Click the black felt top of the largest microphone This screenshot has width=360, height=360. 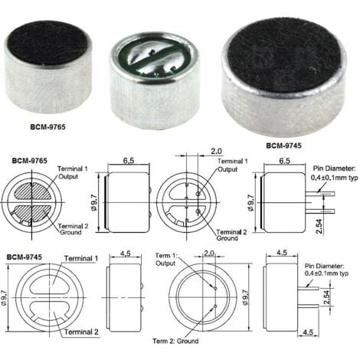pos(284,54)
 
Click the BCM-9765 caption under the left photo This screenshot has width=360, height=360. pos(47,126)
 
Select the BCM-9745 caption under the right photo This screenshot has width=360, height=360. pos(283,146)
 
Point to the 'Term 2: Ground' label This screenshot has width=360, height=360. pos(175,341)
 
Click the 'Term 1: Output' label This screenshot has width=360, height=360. pos(166,260)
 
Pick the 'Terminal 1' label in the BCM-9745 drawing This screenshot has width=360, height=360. pos(81,258)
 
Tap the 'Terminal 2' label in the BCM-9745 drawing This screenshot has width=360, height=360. pos(81,332)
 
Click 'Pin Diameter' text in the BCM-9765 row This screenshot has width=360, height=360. pos(334,169)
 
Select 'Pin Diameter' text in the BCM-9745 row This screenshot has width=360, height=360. pos(324,266)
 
